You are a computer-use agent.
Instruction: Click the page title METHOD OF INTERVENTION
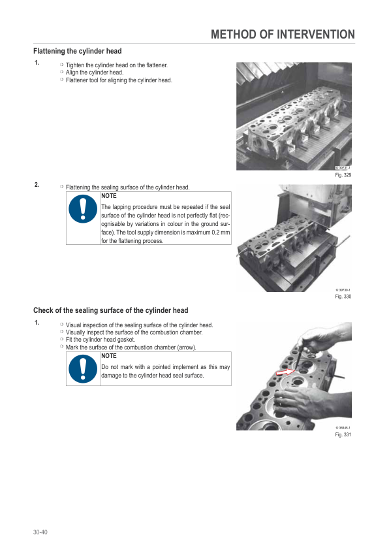[283, 35]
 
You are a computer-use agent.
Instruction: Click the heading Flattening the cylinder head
[78, 51]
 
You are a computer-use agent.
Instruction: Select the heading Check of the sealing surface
[111, 310]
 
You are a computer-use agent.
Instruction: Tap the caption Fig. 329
[343, 175]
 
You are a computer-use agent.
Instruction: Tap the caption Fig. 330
[343, 297]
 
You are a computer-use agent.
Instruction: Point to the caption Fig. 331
[343, 434]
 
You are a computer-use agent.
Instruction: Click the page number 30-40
[40, 532]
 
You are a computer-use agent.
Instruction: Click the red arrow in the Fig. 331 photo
[286, 372]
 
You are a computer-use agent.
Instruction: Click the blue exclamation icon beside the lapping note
[83, 209]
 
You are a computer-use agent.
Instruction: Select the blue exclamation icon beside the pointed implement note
[83, 368]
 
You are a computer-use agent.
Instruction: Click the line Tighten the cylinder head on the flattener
[117, 65]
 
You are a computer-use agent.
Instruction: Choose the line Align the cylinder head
[95, 73]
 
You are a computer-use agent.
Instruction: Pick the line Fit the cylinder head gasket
[101, 340]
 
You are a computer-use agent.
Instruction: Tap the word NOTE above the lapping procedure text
[108, 196]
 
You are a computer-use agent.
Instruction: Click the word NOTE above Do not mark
[108, 356]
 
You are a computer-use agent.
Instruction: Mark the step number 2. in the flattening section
[37, 185]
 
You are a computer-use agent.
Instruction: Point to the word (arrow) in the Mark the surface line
[187, 348]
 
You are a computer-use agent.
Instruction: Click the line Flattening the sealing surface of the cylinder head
[127, 187]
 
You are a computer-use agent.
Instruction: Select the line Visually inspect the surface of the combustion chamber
[134, 332]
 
